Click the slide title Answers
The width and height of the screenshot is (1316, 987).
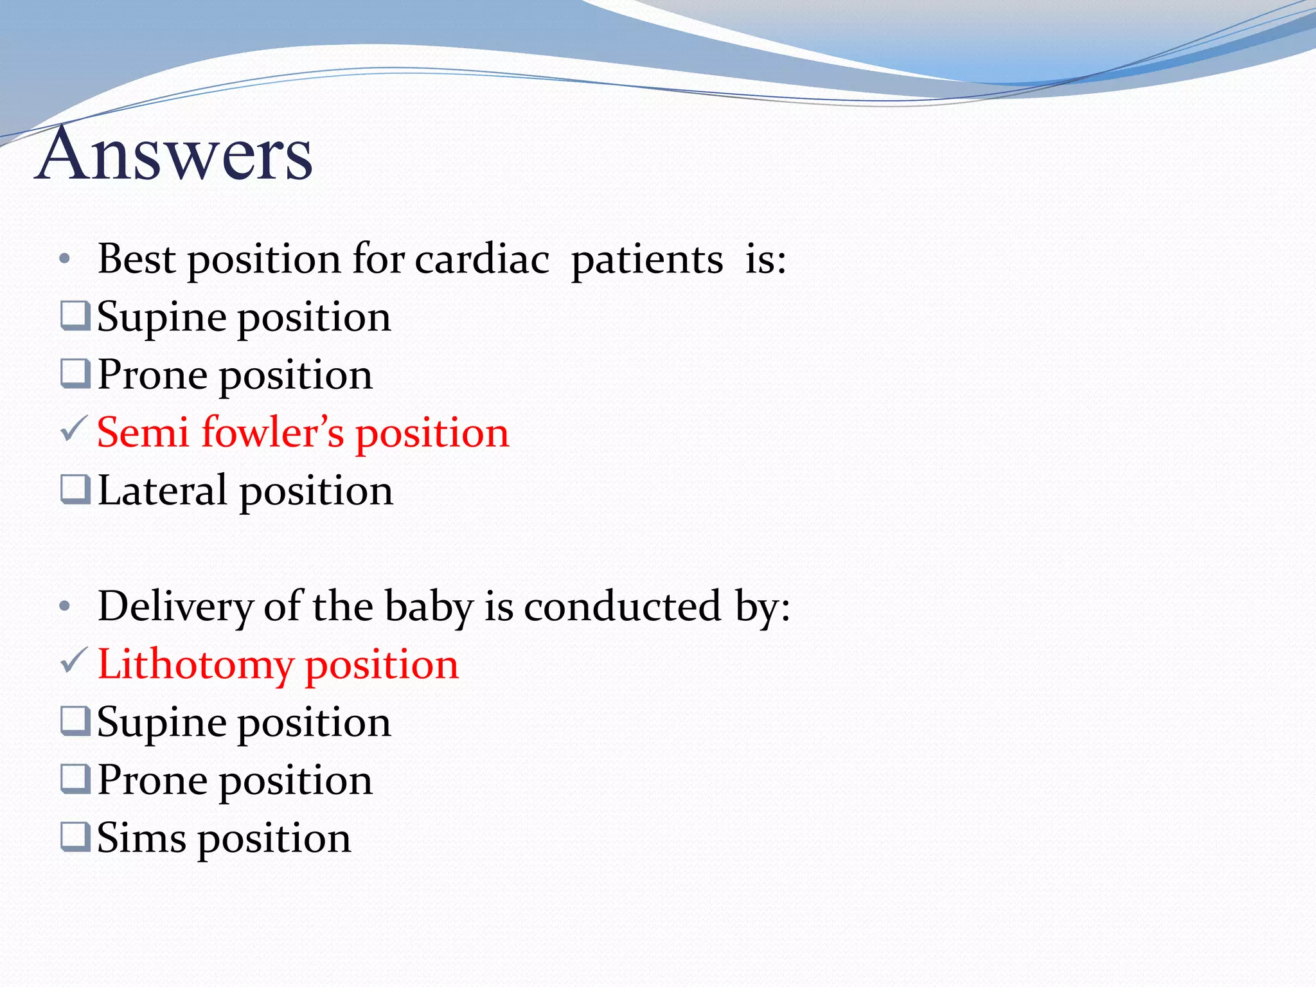[x=173, y=154]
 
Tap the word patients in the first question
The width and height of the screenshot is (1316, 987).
[x=647, y=260]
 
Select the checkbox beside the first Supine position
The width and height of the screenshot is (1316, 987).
[x=75, y=316]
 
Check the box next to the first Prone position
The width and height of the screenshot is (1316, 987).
[x=75, y=374]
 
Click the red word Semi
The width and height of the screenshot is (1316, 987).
[x=143, y=432]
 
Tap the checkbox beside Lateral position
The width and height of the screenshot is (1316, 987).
[x=75, y=490]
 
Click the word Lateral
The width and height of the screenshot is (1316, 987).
[x=162, y=491]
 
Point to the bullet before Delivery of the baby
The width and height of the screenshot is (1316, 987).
[x=64, y=607]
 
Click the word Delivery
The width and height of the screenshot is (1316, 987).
[x=175, y=607]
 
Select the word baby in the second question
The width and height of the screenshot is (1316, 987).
[x=429, y=607]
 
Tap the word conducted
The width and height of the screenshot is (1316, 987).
[x=622, y=607]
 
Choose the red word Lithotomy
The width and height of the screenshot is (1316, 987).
[x=195, y=664]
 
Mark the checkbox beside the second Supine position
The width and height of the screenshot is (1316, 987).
[x=75, y=721]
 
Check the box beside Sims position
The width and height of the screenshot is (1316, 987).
[x=75, y=837]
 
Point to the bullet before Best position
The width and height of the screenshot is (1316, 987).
[x=64, y=260]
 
